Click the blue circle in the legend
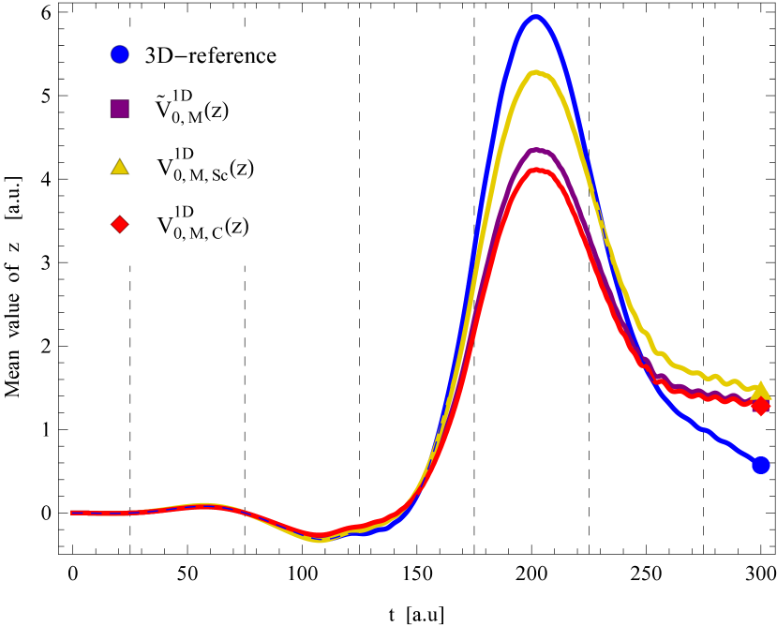pos(119,54)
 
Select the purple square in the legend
pos(119,109)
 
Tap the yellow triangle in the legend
pos(119,166)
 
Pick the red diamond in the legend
pos(119,224)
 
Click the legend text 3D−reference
pos(210,55)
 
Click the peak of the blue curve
pos(535,16)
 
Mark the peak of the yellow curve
pos(535,72)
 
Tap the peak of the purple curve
pos(536,149)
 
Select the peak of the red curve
pos(536,170)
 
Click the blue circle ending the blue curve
pos(760,465)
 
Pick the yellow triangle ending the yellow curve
pos(761,390)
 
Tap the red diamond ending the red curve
pos(761,406)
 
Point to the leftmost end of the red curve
pos(73,513)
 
